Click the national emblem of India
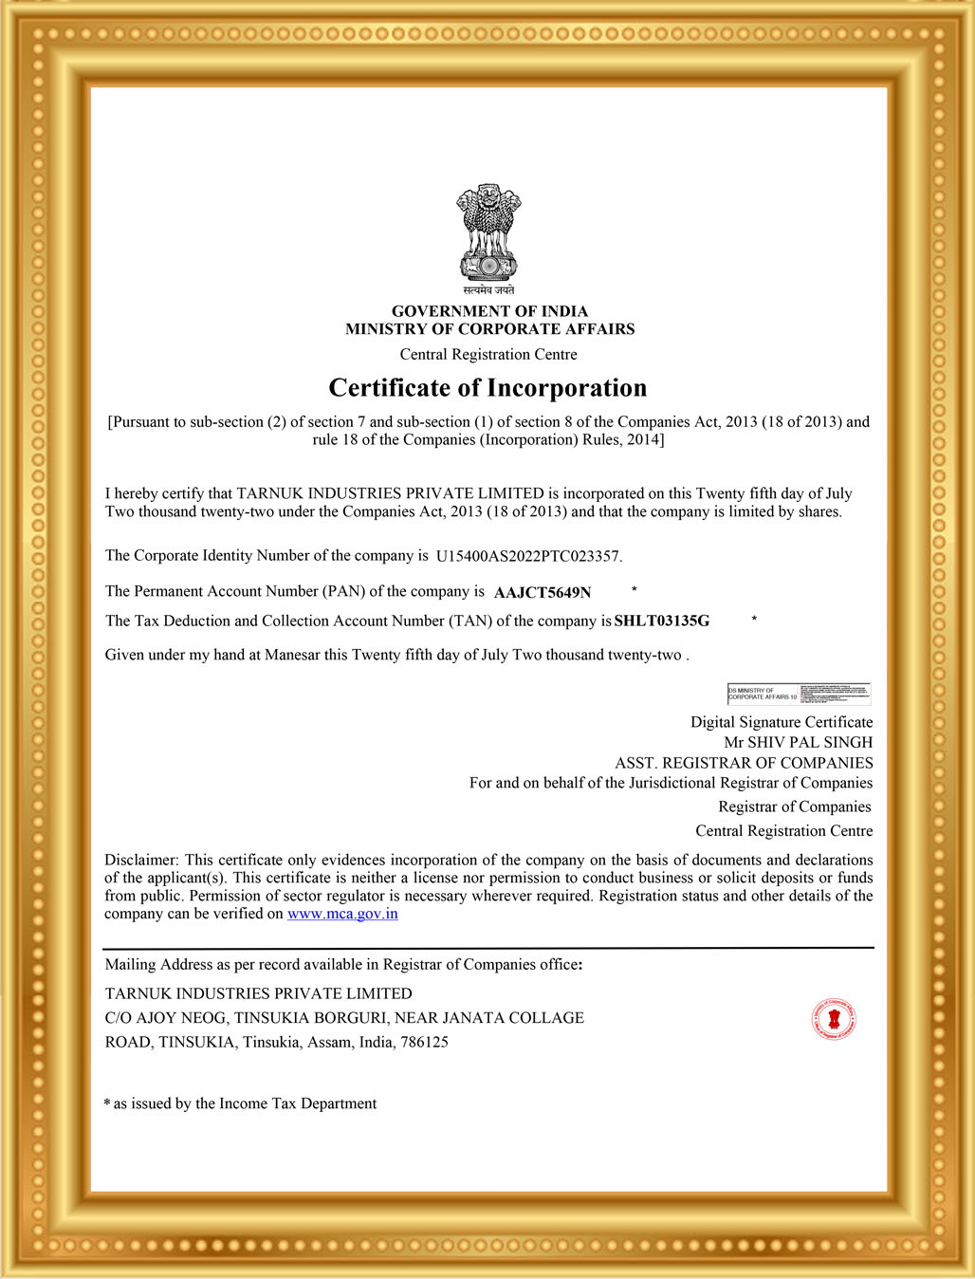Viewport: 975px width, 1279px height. pos(488,232)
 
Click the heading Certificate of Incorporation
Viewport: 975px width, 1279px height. pos(487,388)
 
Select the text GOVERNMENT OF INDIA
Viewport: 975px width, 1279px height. pos(489,311)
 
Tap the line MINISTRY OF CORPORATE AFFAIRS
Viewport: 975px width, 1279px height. pos(489,329)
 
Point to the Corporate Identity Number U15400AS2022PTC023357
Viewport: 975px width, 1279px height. pos(528,556)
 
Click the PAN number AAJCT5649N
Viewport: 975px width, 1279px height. pos(543,593)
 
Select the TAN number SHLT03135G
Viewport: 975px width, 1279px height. pos(662,621)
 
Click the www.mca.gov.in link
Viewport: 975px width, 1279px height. pos(342,914)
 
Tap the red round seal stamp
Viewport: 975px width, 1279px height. pos(834,1019)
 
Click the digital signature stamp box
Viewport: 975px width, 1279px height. pos(799,694)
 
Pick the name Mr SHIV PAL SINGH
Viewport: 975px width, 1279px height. pos(798,742)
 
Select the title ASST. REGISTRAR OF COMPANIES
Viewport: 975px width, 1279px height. pos(744,763)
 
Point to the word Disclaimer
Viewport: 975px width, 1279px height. pos(141,860)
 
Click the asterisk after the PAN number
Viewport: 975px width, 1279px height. pos(635,590)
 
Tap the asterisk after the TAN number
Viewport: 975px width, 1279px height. pos(754,620)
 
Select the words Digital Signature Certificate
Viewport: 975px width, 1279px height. pos(782,722)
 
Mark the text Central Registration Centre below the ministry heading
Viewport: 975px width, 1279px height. pos(488,355)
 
